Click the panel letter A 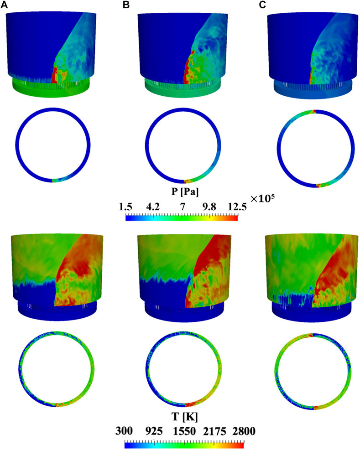tap(4, 5)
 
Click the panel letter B tap(126, 5)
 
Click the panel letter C tap(262, 5)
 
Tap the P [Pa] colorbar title tap(185, 191)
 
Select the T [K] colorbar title tap(184, 417)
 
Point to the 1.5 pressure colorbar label tap(125, 207)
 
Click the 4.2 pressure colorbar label tap(153, 207)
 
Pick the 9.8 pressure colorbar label tap(209, 207)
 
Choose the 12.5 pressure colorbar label tap(237, 207)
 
